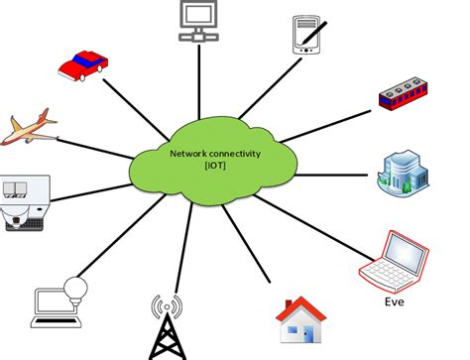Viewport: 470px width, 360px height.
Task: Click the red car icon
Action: (84, 66)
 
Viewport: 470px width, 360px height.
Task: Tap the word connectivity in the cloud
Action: (231, 154)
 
